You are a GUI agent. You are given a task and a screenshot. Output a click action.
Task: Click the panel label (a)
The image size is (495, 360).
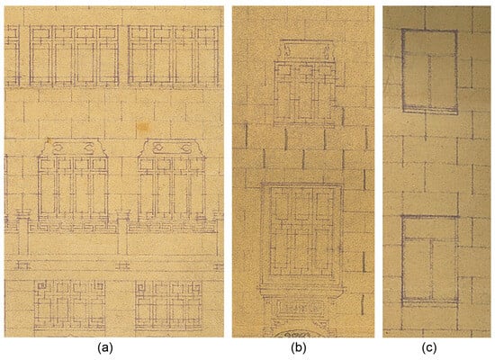coord(105,347)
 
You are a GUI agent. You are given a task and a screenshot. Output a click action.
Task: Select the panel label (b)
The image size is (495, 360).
coord(299,347)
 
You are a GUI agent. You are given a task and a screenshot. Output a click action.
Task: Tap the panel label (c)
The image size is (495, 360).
coord(429,347)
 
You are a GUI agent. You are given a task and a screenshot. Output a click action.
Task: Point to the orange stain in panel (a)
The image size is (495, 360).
coord(142,127)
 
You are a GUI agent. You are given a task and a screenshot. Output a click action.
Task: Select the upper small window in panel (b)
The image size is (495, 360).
coord(305,93)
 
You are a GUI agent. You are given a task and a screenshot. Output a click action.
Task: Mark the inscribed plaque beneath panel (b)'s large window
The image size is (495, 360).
coord(300,307)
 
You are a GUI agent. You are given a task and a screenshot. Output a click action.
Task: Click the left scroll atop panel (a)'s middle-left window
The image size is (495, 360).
coord(58,148)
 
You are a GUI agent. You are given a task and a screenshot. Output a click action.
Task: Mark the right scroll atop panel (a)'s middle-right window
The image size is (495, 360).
coord(185,148)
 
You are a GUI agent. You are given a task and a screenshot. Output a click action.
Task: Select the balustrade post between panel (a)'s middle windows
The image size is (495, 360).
coord(122,232)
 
